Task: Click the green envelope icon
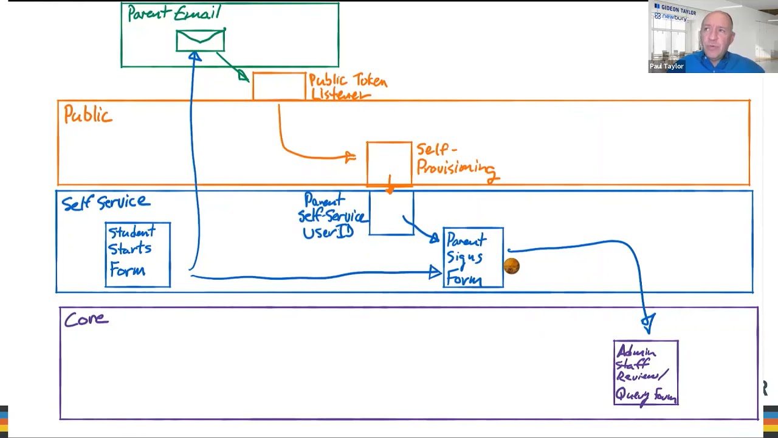[200, 41]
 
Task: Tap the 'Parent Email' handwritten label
[174, 13]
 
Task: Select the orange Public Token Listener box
[279, 86]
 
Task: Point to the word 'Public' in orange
[88, 114]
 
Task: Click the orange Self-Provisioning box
[389, 162]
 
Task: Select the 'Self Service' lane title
[105, 203]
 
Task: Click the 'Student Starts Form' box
[137, 255]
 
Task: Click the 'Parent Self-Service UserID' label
[331, 217]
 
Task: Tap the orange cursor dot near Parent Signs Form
[511, 266]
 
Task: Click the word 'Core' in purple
[86, 319]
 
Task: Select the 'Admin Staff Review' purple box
[645, 372]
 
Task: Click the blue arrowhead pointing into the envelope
[194, 57]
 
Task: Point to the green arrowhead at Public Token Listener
[243, 76]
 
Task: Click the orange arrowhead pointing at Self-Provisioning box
[350, 158]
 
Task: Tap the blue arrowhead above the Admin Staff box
[648, 322]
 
